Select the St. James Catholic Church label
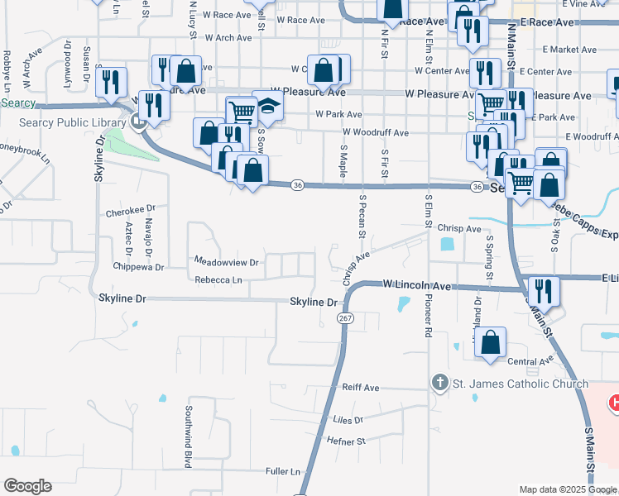click(520, 383)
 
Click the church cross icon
click(439, 383)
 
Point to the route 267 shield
click(346, 318)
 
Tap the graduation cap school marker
click(268, 106)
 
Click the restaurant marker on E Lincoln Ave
click(543, 291)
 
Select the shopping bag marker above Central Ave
click(491, 342)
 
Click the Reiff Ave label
click(360, 387)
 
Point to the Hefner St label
click(348, 442)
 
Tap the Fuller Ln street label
click(283, 471)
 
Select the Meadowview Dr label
click(226, 262)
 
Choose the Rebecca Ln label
click(218, 280)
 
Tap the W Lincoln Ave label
click(417, 285)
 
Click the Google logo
click(27, 486)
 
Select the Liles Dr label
click(348, 420)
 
